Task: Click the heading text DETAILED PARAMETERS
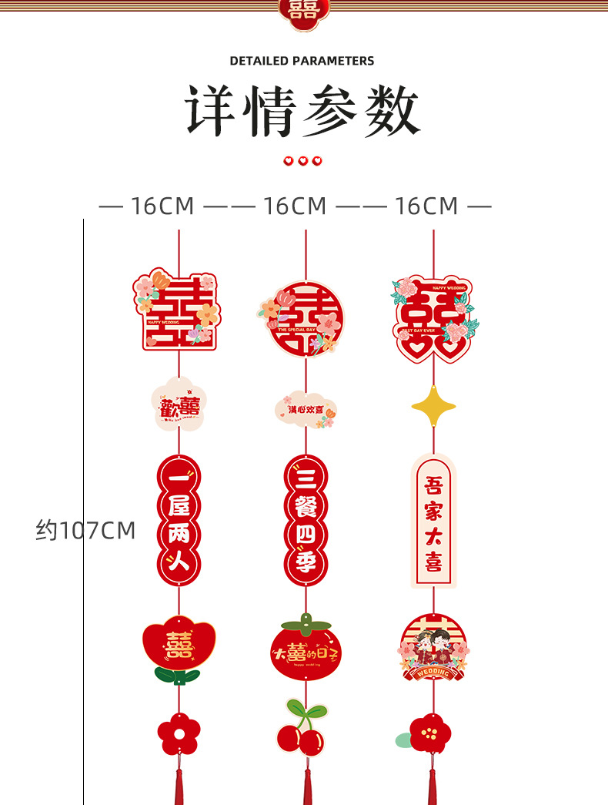pyautogui.click(x=302, y=61)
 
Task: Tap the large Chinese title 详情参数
pyautogui.click(x=302, y=111)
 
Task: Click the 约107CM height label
pyautogui.click(x=85, y=530)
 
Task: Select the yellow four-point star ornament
pyautogui.click(x=433, y=407)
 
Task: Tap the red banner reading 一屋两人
pyautogui.click(x=179, y=520)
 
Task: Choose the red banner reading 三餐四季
pyautogui.click(x=306, y=520)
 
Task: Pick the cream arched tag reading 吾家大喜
pyautogui.click(x=433, y=521)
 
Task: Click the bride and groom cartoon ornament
pyautogui.click(x=433, y=647)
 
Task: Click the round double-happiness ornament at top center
pyautogui.click(x=302, y=318)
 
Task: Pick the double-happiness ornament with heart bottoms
pyautogui.click(x=433, y=319)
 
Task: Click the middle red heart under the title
pyautogui.click(x=302, y=161)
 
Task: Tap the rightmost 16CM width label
pyautogui.click(x=426, y=206)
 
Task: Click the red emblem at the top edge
pyautogui.click(x=302, y=11)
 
